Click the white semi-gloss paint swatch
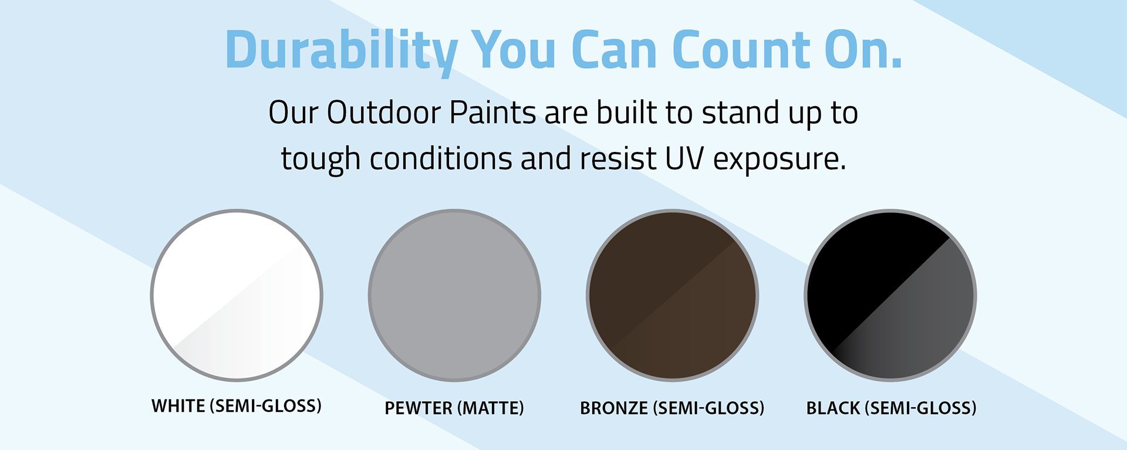point(237,295)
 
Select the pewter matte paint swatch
point(454,295)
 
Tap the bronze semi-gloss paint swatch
point(672,295)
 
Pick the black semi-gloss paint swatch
point(890,295)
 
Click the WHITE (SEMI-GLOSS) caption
point(237,406)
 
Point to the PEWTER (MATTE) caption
point(454,408)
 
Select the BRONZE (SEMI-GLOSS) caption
point(672,408)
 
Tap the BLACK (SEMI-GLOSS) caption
point(891,408)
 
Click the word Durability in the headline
point(341,52)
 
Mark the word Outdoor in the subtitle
point(383,112)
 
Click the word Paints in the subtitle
point(492,112)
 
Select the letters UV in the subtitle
point(684,158)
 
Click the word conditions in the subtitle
point(441,158)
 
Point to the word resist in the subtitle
point(618,158)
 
